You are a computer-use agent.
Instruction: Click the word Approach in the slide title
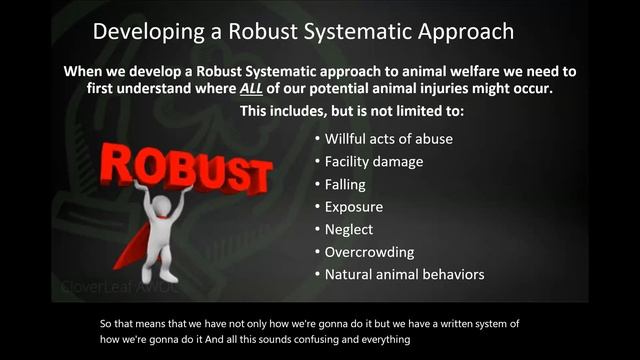pos(461,31)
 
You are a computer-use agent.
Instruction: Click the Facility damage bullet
pos(374,162)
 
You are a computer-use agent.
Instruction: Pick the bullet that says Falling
pos(345,184)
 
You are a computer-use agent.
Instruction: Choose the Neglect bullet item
pos(349,229)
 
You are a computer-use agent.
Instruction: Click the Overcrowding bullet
pos(369,252)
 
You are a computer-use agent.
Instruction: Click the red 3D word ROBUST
pos(185,170)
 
